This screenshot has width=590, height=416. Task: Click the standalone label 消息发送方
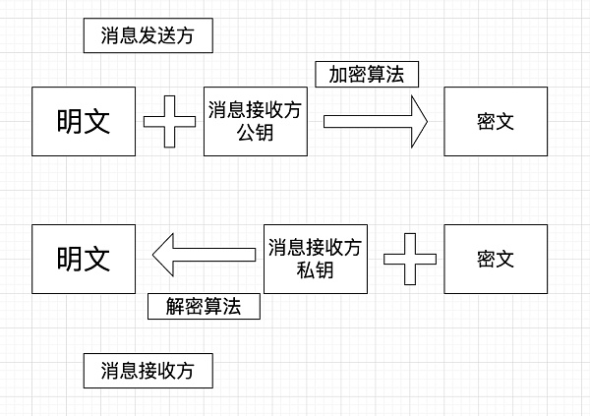click(147, 37)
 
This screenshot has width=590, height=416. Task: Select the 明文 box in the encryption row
click(84, 121)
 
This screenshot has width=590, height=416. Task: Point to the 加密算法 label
click(367, 74)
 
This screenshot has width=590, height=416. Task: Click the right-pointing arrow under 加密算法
click(374, 121)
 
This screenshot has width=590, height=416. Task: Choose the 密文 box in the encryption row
click(496, 121)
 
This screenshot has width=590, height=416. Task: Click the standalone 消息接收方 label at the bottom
click(147, 371)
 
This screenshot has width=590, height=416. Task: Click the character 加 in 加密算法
click(337, 74)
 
